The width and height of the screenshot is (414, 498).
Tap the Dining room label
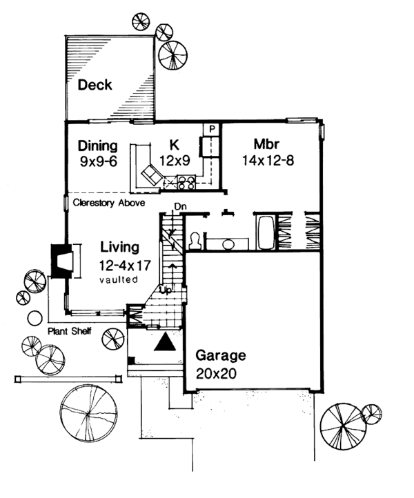click(x=96, y=146)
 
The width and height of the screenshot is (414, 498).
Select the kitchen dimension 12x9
click(x=175, y=163)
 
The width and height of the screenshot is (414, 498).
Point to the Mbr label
click(x=266, y=146)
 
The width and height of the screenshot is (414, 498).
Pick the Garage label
click(x=220, y=356)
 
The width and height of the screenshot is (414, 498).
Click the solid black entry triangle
click(x=164, y=343)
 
